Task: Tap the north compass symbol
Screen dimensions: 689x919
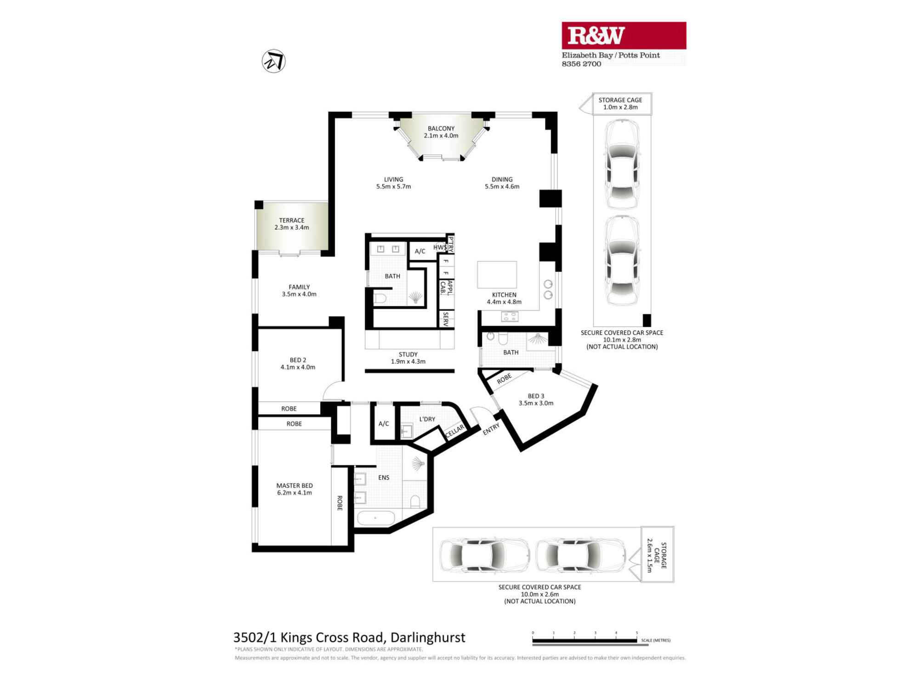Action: click(274, 61)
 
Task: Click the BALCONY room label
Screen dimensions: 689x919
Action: click(441, 129)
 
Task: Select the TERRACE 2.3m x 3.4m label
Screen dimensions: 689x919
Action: click(292, 224)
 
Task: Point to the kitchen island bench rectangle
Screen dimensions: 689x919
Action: click(497, 275)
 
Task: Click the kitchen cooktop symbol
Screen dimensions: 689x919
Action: click(510, 316)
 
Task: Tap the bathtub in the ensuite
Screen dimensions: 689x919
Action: click(376, 518)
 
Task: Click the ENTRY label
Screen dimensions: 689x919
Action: click(491, 429)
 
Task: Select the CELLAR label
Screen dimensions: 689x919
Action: click(454, 431)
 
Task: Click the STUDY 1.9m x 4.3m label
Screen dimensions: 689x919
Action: click(408, 358)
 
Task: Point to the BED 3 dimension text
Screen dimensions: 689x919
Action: click(536, 403)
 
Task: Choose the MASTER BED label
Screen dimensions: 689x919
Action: click(295, 486)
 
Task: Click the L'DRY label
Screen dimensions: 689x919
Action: click(427, 419)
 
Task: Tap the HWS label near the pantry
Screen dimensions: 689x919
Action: click(439, 248)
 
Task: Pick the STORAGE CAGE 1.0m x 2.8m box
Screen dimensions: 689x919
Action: click(620, 103)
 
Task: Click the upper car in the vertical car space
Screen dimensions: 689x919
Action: click(622, 164)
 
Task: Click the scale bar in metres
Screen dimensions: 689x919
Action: click(585, 640)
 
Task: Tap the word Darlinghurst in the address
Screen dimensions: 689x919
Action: click(428, 638)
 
